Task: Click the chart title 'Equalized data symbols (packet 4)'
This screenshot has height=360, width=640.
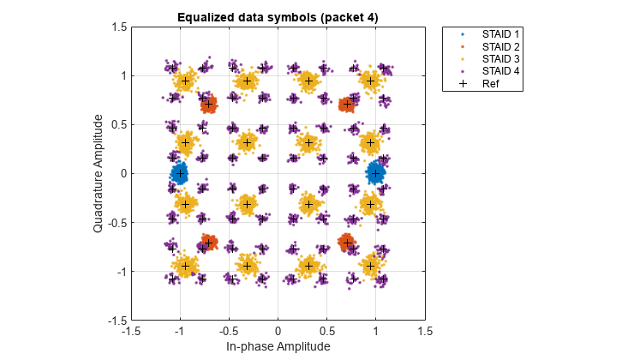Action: coord(278,17)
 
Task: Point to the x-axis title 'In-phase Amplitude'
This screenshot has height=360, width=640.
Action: coord(278,346)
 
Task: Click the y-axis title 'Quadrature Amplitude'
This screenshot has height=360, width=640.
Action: coord(99,173)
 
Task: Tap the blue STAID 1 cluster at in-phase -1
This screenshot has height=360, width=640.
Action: coord(180,173)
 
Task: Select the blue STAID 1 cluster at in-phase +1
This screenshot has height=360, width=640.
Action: coord(375,173)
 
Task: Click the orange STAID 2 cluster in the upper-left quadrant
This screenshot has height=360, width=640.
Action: coord(208,105)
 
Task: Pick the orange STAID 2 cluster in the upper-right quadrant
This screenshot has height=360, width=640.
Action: coord(347,105)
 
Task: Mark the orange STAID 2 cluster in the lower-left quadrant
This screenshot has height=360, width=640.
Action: coord(208,243)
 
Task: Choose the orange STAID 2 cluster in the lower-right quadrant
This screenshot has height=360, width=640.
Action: coord(347,243)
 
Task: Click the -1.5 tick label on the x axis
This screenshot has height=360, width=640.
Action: coord(131,330)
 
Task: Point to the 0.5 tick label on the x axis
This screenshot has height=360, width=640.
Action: coord(326,330)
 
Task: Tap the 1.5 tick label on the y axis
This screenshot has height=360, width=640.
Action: coord(118,27)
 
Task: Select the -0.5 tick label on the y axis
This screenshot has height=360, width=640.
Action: coord(116,222)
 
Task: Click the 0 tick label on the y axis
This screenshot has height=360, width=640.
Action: coord(122,173)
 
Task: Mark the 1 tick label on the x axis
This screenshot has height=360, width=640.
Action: coord(375,330)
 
